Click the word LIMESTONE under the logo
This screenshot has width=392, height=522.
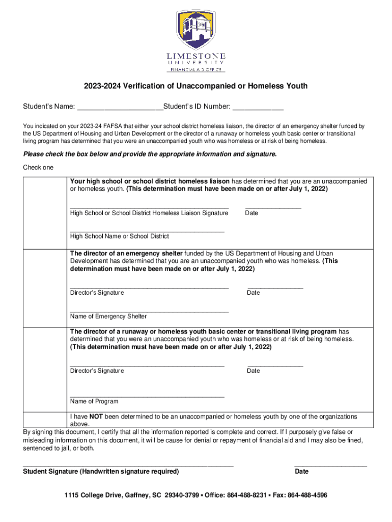tap(196, 55)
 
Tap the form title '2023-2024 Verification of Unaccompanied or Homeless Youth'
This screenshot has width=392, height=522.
tap(196, 86)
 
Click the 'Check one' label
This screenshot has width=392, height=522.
tap(38, 168)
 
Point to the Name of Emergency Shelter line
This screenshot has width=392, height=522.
tap(149, 311)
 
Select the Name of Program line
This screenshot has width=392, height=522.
tap(147, 396)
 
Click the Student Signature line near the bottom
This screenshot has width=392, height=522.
tap(128, 465)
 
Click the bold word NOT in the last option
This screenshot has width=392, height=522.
tap(97, 416)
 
